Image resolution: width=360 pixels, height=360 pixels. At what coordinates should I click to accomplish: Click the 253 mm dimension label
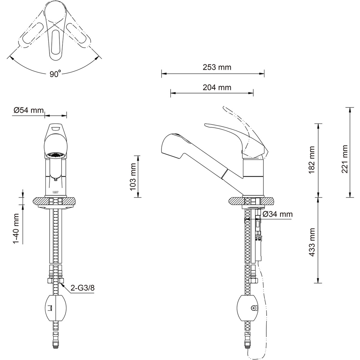(213, 67)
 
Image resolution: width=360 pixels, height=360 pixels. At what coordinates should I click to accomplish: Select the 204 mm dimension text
(213, 87)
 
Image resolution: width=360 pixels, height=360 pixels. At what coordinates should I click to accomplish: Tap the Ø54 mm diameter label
(28, 110)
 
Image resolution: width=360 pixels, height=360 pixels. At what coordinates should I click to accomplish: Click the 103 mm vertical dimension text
(132, 176)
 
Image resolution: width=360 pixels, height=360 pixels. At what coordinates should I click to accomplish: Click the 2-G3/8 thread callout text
(83, 288)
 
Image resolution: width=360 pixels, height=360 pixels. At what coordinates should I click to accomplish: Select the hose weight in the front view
(55, 308)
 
